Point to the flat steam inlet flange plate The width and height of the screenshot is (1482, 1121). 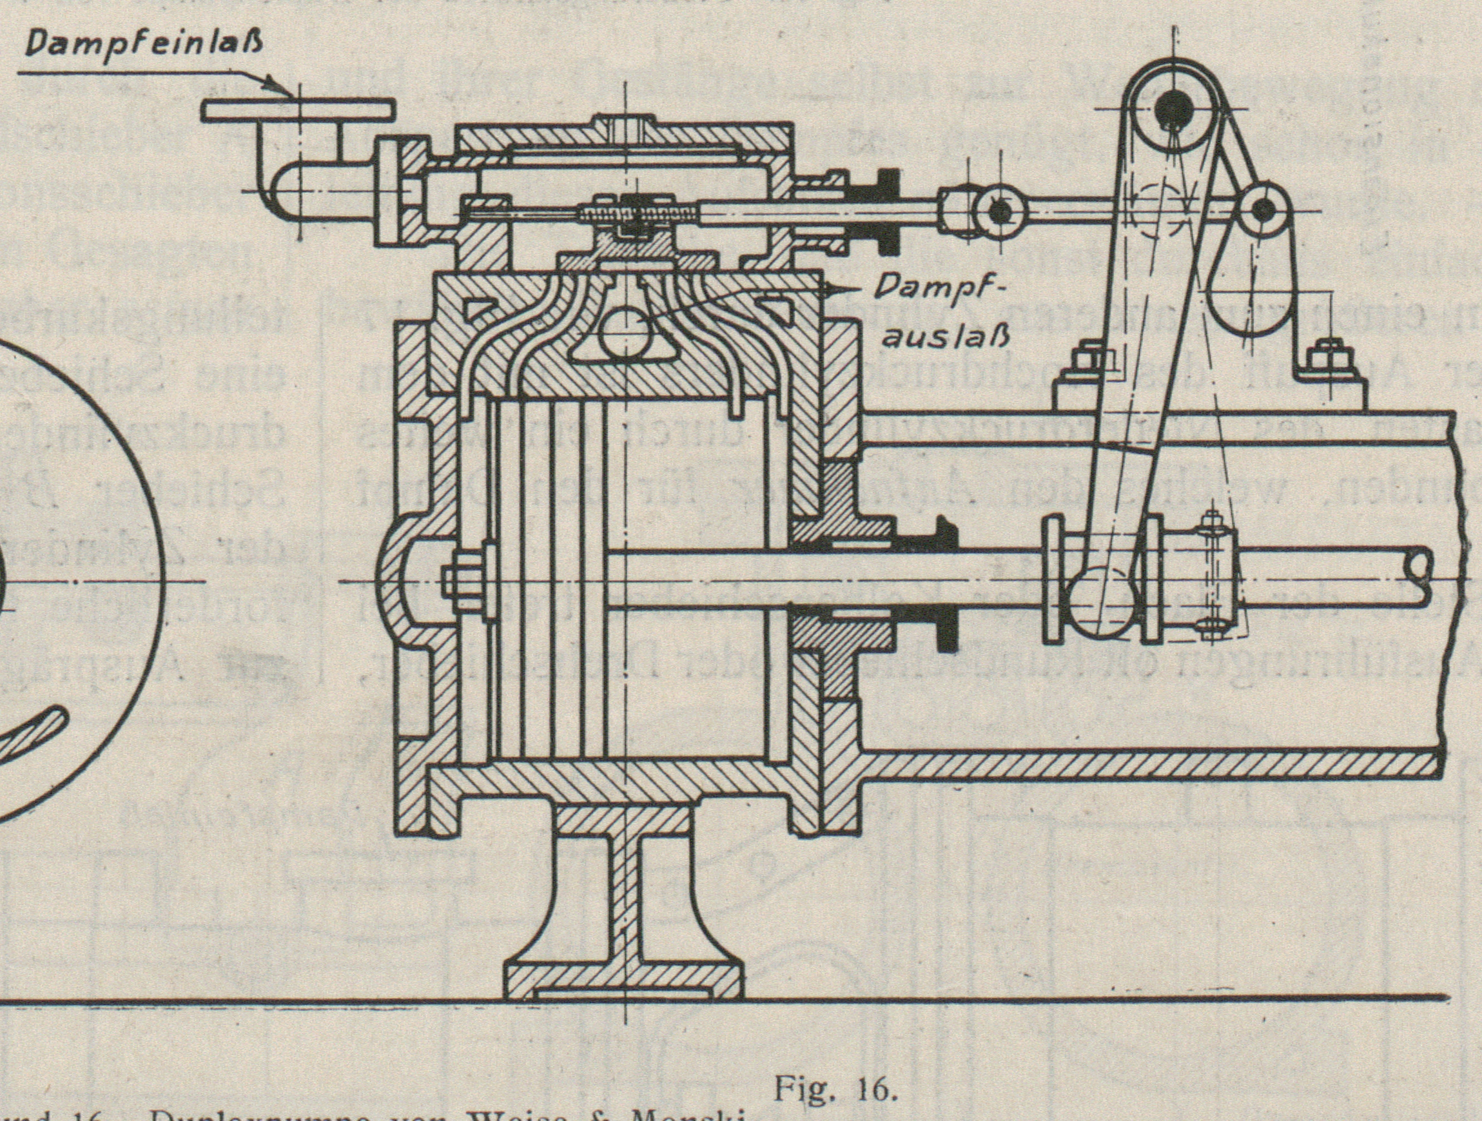click(x=298, y=111)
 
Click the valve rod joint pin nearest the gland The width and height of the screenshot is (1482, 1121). click(x=1000, y=211)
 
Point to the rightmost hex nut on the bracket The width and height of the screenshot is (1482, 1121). click(x=1328, y=354)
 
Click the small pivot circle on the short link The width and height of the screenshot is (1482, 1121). click(x=1261, y=209)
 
